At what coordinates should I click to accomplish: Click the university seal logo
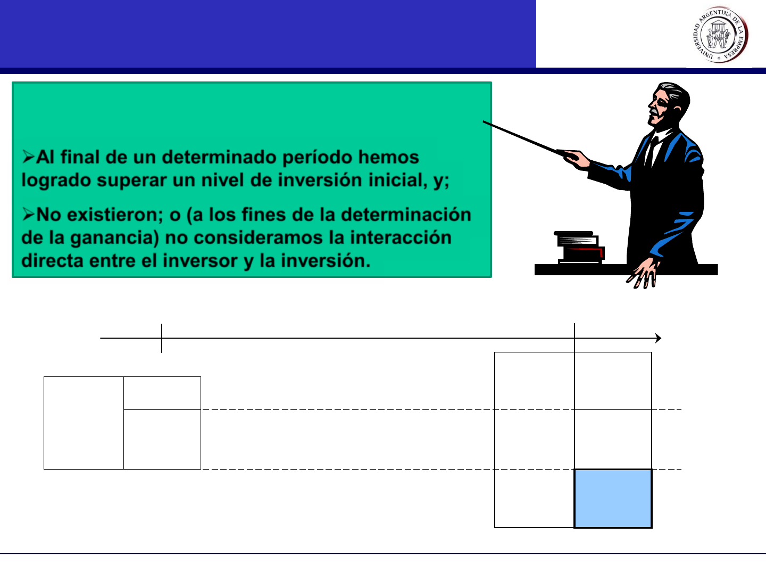[x=720, y=35]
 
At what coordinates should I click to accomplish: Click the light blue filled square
[x=613, y=498]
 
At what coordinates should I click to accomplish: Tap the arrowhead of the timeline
[x=658, y=338]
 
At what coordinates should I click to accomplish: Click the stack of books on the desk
[x=579, y=248]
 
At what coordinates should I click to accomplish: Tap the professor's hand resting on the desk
[x=644, y=274]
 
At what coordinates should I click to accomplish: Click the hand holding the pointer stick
[x=575, y=159]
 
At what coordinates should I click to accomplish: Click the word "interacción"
[x=401, y=238]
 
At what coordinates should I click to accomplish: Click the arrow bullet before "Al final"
[x=28, y=157]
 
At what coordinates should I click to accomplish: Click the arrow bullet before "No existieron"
[x=28, y=214]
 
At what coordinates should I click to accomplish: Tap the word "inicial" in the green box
[x=398, y=180]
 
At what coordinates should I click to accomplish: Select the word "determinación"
[x=406, y=215]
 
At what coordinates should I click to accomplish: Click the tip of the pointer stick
[x=484, y=121]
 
